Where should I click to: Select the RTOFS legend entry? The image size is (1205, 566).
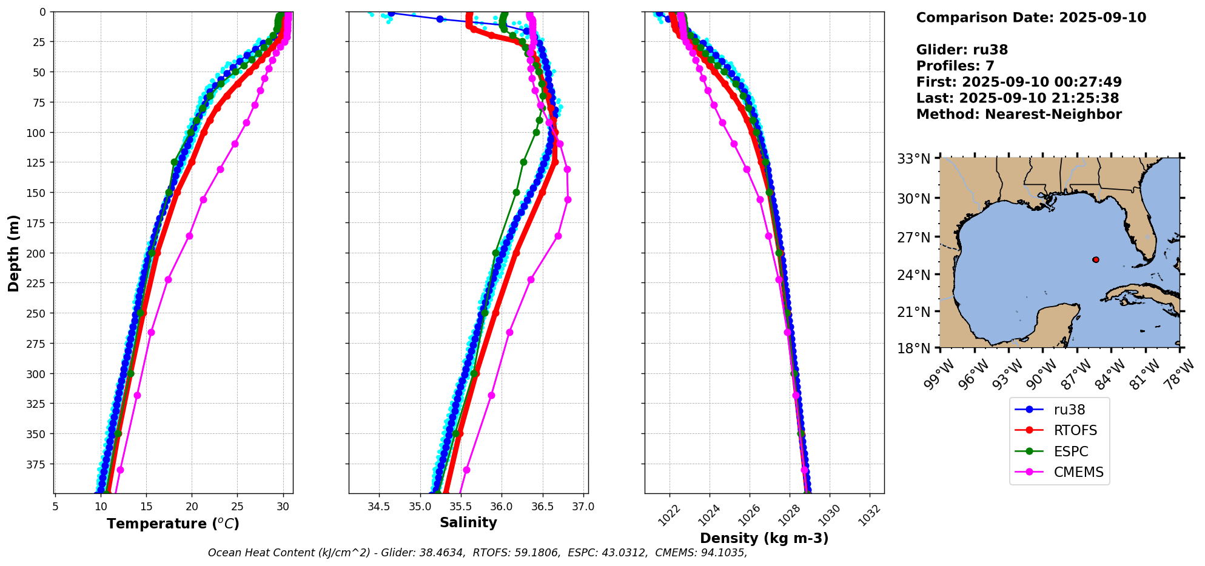pos(1075,431)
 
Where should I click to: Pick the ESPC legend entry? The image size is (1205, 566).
pos(1070,451)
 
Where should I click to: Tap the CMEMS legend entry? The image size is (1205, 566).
pos(1078,472)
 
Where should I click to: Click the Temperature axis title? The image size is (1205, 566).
pos(173,524)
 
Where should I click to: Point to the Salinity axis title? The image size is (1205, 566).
pos(468,522)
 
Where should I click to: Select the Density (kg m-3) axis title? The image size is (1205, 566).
pos(764,538)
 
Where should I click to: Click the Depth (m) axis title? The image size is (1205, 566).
pos(13,253)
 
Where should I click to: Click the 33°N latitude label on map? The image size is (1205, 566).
pos(914,159)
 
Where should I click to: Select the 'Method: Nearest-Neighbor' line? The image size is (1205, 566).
pos(1019,115)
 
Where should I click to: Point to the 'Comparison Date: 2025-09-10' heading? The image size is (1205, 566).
pos(1031,18)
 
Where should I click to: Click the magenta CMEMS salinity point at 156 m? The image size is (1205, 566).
pos(568,199)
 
